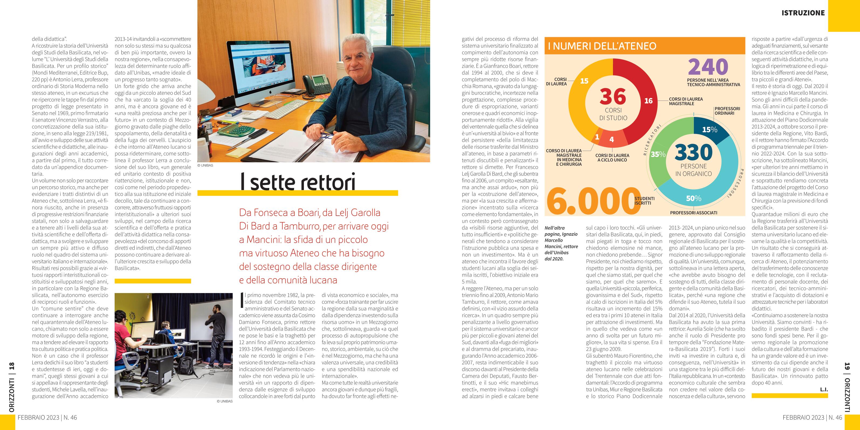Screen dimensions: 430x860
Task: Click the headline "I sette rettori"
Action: pos(298,182)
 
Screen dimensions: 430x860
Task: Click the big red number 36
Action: pos(613,97)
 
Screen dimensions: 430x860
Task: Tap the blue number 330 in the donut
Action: pos(693,153)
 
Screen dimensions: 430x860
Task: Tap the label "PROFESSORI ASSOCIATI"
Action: pos(693,213)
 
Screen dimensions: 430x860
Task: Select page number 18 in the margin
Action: pos(12,366)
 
